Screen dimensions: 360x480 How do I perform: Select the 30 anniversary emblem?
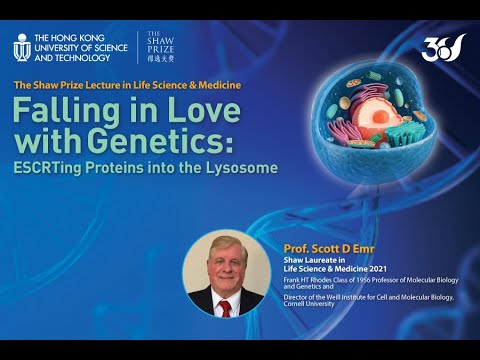445,47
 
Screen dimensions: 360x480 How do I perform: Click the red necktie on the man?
226,307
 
